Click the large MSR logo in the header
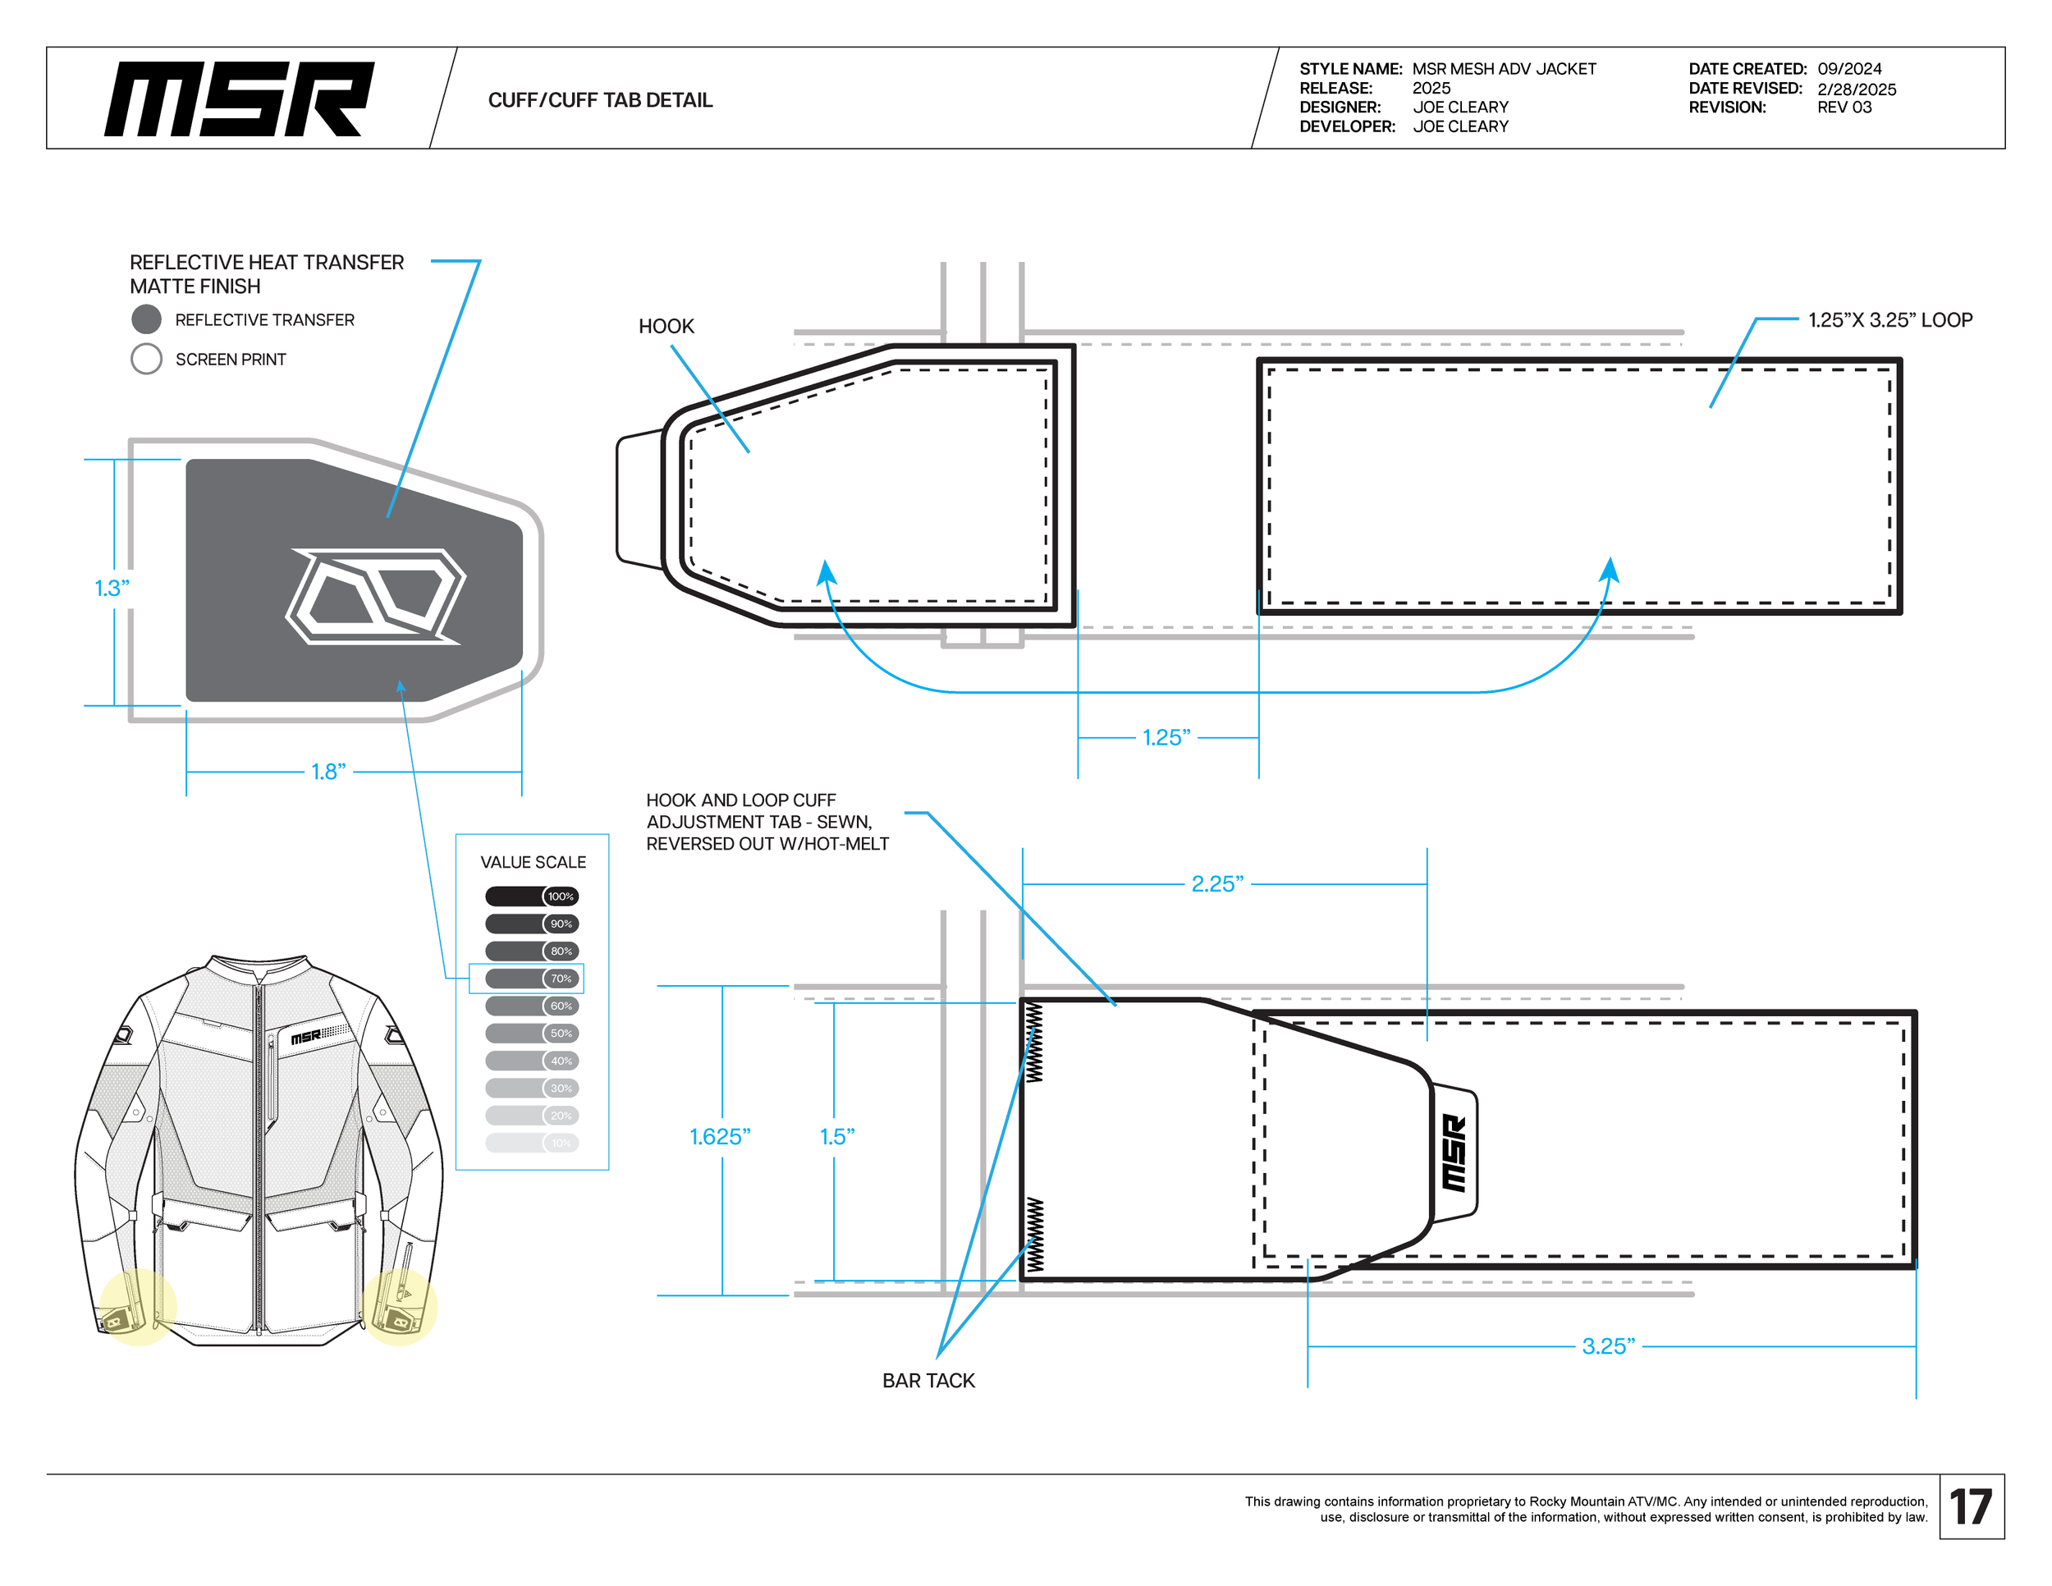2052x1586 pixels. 239,99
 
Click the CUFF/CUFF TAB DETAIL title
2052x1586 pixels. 599,99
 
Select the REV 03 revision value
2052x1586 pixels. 1844,107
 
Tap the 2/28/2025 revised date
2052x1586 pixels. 1856,89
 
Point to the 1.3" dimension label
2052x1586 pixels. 112,588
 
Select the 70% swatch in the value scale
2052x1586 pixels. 531,978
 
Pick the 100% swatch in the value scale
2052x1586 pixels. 531,896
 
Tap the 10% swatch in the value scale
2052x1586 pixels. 531,1143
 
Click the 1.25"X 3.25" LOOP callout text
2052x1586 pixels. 1889,320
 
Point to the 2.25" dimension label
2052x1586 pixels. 1216,884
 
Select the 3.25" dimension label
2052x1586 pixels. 1608,1346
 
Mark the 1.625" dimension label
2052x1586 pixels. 720,1137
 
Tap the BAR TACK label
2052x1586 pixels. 928,1380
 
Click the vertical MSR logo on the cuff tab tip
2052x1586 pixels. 1454,1153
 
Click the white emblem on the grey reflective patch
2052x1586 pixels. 375,597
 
